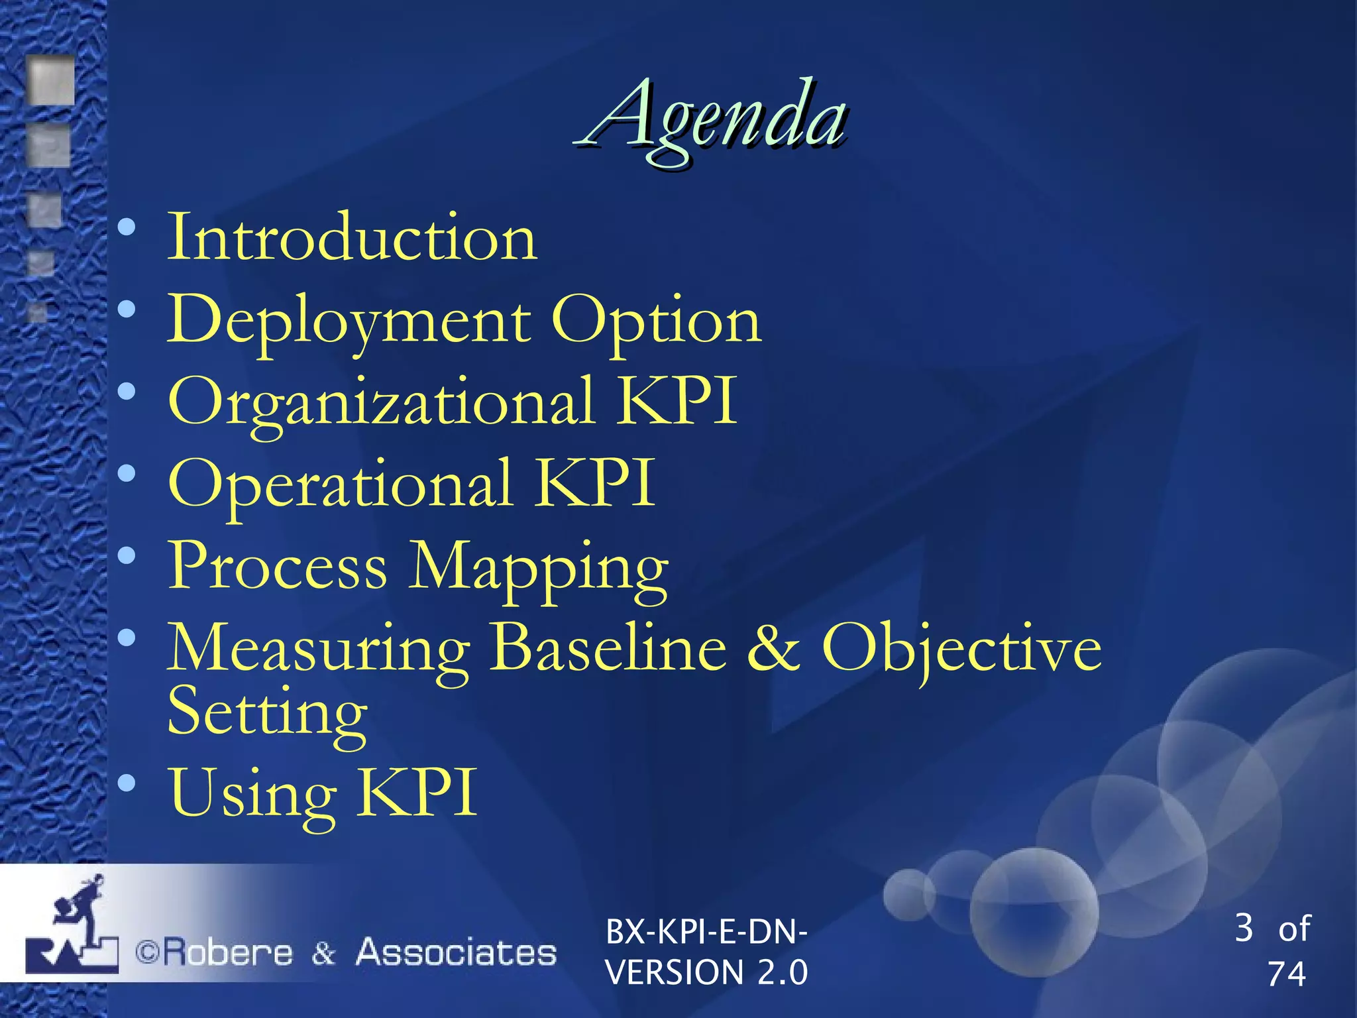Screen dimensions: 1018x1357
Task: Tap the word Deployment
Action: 349,321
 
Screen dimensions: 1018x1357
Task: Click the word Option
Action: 656,321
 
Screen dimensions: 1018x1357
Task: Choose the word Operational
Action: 340,484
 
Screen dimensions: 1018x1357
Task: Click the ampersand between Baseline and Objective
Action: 773,648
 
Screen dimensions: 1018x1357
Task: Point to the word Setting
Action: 266,712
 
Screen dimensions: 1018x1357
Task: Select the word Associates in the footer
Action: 456,952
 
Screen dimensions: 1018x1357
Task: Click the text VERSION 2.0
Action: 706,972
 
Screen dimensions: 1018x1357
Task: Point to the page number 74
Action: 1286,974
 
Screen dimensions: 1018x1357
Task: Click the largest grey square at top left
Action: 50,81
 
